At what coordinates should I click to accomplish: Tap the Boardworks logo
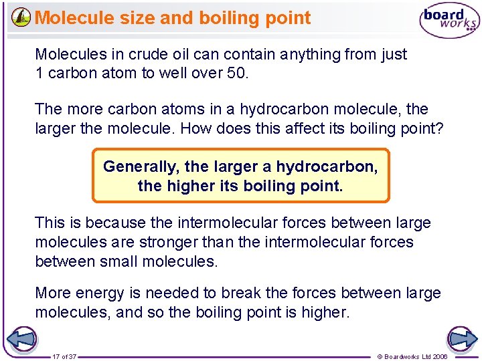(x=449, y=21)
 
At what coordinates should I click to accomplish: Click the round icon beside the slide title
(x=21, y=17)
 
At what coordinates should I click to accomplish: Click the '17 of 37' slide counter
(x=64, y=356)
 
